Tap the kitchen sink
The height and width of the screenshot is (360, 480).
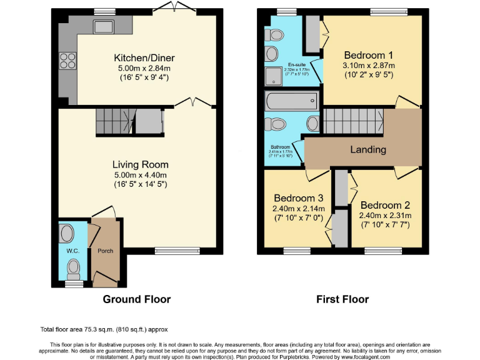(101, 27)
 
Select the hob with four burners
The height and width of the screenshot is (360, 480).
(66, 61)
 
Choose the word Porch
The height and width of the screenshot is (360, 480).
(104, 251)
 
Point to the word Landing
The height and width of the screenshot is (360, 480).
(367, 149)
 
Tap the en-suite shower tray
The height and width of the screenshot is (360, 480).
(273, 76)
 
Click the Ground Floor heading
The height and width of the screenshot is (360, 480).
(136, 299)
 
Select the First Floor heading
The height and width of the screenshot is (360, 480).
(342, 299)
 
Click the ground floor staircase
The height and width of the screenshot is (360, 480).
(116, 121)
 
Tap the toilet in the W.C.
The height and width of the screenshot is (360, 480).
(74, 269)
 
